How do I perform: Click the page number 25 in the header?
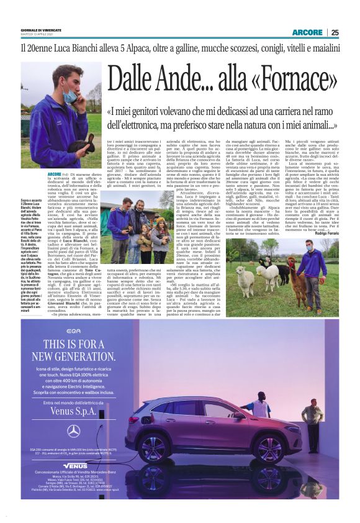tap(334, 32)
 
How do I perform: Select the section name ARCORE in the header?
tap(307, 32)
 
